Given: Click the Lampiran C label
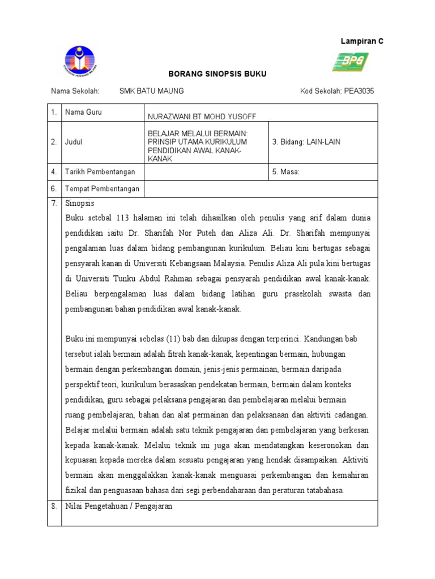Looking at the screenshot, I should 361,41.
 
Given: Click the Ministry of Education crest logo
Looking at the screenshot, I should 79,61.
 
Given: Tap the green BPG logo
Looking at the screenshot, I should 350,62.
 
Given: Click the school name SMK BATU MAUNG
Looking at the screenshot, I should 151,91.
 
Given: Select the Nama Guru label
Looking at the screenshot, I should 84,113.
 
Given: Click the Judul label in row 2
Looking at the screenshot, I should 74,142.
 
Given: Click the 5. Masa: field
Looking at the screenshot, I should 285,171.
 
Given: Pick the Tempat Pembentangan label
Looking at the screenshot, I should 102,189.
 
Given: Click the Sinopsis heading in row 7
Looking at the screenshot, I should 80,203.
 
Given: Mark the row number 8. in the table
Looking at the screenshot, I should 54,506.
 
